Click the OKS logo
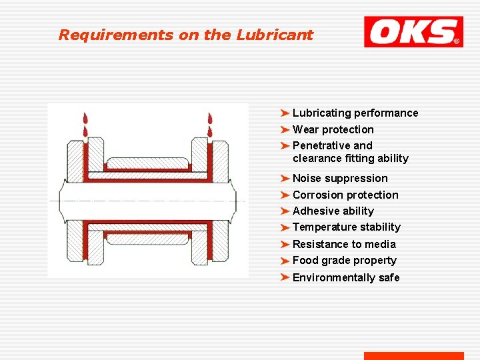[413, 32]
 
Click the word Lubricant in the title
[275, 35]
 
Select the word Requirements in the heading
[116, 35]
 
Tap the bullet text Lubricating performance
[355, 113]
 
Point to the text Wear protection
[333, 129]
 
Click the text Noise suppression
[340, 178]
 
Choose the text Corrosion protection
[345, 195]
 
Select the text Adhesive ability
[333, 211]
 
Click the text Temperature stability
[347, 227]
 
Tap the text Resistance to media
[344, 244]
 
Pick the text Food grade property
[345, 261]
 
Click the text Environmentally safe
[346, 277]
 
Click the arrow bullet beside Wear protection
[285, 129]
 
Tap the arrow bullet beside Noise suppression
[285, 178]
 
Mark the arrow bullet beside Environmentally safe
[285, 277]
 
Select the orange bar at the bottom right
[413, 356]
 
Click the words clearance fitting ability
[351, 159]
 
